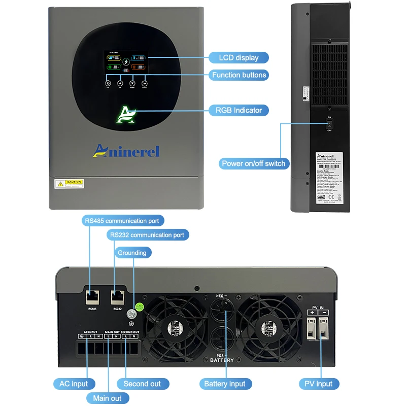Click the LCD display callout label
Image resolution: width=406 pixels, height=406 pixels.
coord(239,58)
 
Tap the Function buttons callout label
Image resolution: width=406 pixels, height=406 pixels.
coord(239,75)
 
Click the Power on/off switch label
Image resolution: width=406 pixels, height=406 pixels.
coord(254,163)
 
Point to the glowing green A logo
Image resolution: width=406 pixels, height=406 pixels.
coord(126,115)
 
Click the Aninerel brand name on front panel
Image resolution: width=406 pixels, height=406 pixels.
coord(126,150)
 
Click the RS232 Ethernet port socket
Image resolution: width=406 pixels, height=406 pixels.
coord(117,296)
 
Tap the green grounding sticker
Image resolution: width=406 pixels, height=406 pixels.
coord(139,307)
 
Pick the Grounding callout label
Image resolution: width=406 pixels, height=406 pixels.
coord(132,253)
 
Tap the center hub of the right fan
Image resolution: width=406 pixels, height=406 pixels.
coord(268,329)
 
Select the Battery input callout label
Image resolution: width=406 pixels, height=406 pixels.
coord(224,384)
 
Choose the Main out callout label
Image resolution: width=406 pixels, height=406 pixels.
coord(107,398)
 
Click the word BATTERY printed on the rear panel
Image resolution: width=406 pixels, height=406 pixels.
coord(222,360)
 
